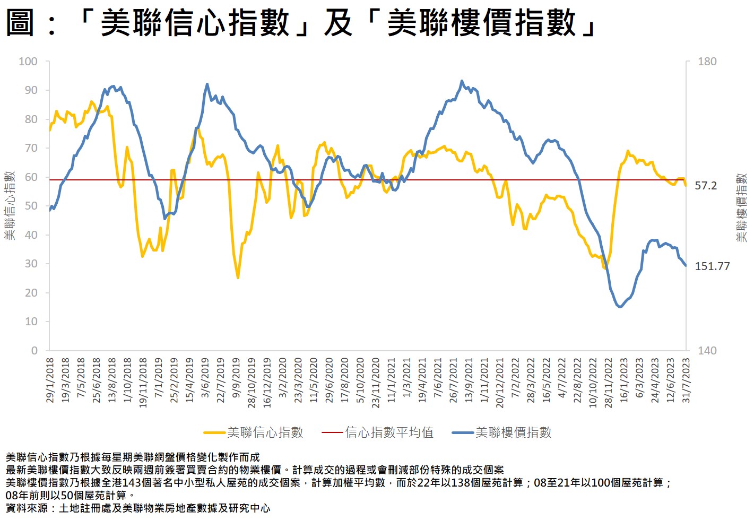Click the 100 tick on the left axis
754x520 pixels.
point(28,62)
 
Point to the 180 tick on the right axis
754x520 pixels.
point(707,62)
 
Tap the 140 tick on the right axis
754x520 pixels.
point(707,350)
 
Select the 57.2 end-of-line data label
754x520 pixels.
point(706,186)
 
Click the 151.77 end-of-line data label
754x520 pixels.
point(713,266)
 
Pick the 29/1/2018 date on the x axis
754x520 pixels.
point(50,380)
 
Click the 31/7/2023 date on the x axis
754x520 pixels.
point(686,380)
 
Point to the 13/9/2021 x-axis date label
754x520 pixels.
point(469,380)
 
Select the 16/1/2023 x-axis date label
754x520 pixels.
point(624,380)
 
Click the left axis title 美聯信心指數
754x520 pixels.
point(10,205)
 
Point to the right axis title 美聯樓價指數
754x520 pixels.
point(741,207)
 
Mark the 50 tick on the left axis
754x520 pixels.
point(31,206)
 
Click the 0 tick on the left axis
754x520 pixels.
point(34,350)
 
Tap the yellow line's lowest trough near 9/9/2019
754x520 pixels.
point(238,278)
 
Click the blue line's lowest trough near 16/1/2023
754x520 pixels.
point(620,307)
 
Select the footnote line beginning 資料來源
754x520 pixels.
point(138,508)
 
